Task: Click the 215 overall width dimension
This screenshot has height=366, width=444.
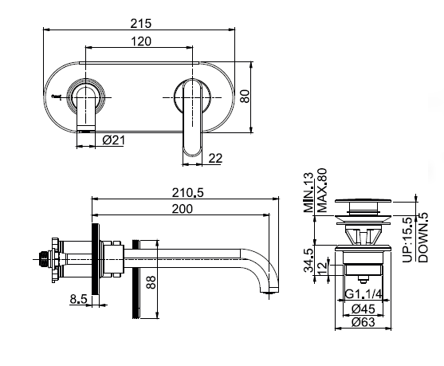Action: (x=141, y=23)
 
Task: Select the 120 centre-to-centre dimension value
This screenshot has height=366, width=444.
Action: (x=141, y=41)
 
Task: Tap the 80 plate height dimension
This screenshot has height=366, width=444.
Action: (x=245, y=96)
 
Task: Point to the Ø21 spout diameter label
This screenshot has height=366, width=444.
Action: (x=113, y=140)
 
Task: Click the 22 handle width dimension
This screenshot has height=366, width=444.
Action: (x=215, y=158)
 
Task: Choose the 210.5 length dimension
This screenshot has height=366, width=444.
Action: (x=188, y=193)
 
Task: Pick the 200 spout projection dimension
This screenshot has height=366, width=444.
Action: (x=183, y=209)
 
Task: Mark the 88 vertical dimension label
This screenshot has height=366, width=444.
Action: (x=151, y=281)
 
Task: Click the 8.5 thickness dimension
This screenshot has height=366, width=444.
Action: (x=79, y=299)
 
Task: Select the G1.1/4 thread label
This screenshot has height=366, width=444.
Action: (x=363, y=294)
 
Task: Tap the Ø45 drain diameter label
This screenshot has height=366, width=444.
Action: (x=363, y=309)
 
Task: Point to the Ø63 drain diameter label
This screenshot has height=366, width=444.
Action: (x=363, y=322)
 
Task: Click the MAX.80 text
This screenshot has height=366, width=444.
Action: (x=322, y=191)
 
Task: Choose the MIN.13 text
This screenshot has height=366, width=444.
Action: (x=308, y=192)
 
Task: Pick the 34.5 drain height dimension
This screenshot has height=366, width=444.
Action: (x=308, y=260)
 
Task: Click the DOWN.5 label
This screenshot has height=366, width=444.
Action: (x=423, y=238)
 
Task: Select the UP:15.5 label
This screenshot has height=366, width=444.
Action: (x=408, y=240)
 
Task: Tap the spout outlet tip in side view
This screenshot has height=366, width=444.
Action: (x=269, y=290)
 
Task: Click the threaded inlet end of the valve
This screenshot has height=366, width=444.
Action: (x=42, y=258)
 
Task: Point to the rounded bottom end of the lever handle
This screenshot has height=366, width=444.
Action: (x=192, y=152)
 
